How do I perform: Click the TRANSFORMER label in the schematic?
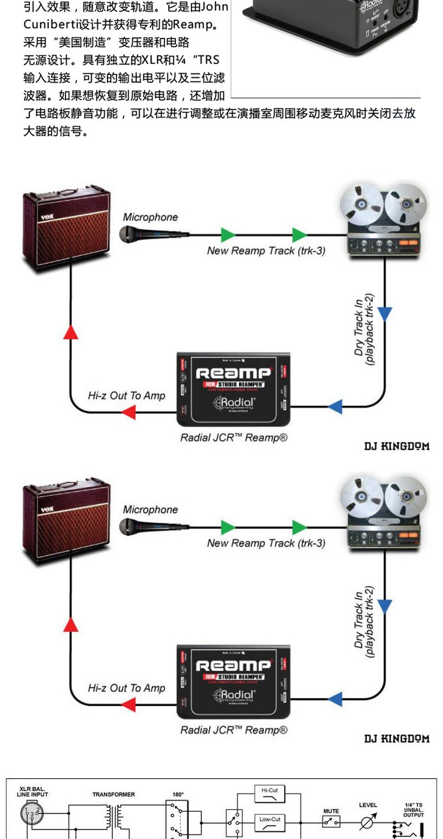click(113, 795)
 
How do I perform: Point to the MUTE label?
click(331, 811)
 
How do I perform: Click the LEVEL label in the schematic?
click(369, 805)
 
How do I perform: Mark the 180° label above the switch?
click(178, 795)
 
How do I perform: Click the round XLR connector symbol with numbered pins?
click(30, 814)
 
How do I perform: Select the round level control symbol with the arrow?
click(369, 822)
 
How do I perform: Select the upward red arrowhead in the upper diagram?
click(71, 331)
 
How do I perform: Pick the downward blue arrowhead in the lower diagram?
click(385, 606)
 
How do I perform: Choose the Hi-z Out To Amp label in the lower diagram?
click(126, 688)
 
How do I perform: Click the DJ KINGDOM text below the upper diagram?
click(396, 446)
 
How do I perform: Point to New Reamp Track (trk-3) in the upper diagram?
click(266, 251)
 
